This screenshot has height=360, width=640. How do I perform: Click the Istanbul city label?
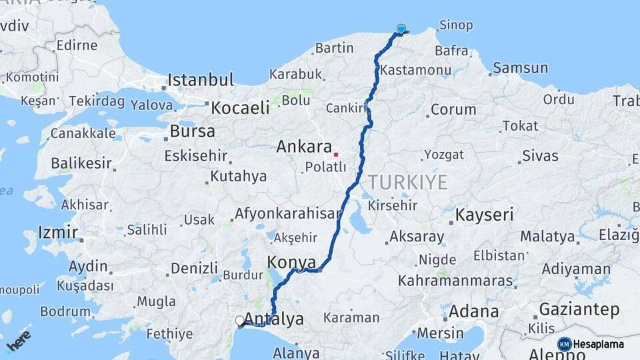pos(201,81)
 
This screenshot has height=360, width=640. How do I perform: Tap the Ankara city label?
pos(304,147)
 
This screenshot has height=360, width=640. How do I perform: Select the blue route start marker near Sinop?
pos(401,29)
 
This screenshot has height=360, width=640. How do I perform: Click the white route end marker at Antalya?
pos(240,321)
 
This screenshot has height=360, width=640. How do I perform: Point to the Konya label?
pos(291,261)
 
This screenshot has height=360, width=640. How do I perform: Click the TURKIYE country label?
pos(407,182)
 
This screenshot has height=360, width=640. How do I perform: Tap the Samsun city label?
pos(520,67)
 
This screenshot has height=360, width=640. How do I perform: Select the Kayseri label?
pos(485,215)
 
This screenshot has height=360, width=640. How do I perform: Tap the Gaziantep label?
pos(579,309)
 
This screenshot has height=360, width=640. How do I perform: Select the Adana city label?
pos(473,311)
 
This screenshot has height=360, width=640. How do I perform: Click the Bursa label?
pos(192,131)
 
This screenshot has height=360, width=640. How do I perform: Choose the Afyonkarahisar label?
pos(287,215)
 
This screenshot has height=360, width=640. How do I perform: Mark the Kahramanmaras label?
pos(456,281)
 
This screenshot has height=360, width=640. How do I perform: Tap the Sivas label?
pos(540,155)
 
